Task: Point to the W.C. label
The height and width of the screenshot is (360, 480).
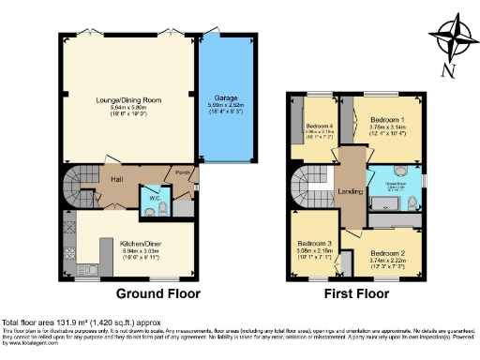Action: click(148, 198)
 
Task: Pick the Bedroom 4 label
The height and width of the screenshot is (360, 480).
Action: click(319, 127)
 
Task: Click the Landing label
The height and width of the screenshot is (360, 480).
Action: click(350, 193)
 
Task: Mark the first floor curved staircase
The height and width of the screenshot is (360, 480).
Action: click(310, 187)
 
